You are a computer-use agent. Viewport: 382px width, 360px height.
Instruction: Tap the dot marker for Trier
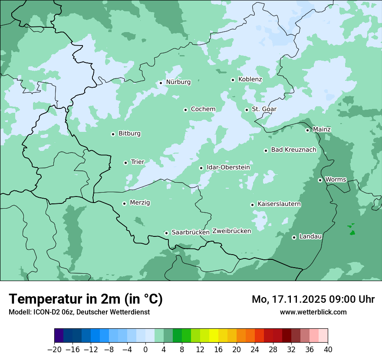[x=125, y=163]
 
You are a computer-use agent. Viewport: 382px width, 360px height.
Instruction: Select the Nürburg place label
[x=178, y=82]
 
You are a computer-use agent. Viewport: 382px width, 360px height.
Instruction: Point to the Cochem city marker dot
[x=185, y=110]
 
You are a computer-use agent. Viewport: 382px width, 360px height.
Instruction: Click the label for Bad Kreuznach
[x=293, y=150]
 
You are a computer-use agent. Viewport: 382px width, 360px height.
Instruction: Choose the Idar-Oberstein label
[x=228, y=167]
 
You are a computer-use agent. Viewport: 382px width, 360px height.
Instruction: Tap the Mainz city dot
[x=307, y=130]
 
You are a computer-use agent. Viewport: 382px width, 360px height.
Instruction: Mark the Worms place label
[x=336, y=180]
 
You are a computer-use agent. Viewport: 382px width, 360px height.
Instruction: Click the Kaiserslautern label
[x=279, y=204]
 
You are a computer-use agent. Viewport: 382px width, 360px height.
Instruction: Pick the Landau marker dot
[x=294, y=237]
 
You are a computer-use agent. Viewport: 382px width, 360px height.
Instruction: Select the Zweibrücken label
[x=231, y=231]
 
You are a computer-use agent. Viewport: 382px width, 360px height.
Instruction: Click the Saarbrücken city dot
[x=166, y=233]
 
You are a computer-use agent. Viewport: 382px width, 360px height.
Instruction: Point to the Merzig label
[x=140, y=203]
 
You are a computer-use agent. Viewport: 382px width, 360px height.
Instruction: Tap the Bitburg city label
[x=129, y=134]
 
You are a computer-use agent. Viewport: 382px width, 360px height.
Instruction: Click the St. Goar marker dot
[x=247, y=110]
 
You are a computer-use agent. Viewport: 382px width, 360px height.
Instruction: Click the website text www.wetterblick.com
[x=313, y=312]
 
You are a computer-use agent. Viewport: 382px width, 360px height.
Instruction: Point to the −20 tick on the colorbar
[x=55, y=350]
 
